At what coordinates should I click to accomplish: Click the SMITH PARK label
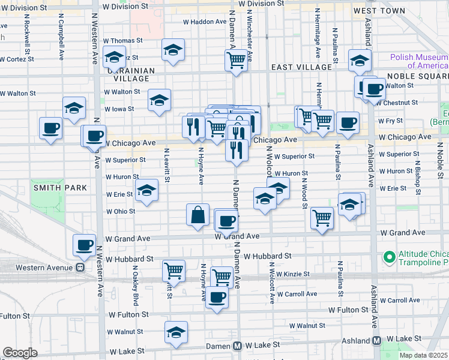60,188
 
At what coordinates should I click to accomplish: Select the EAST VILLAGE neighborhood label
295,68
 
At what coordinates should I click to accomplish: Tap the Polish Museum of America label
419,61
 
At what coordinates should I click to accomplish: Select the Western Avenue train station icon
79,268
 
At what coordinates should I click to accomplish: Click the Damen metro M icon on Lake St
238,346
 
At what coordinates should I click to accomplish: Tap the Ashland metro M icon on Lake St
377,341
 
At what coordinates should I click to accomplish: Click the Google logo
20,353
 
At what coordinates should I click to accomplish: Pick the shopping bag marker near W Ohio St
198,215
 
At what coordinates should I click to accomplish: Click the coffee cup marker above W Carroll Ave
217,296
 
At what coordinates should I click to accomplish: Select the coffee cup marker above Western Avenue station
85,244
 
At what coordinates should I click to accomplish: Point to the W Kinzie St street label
289,274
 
